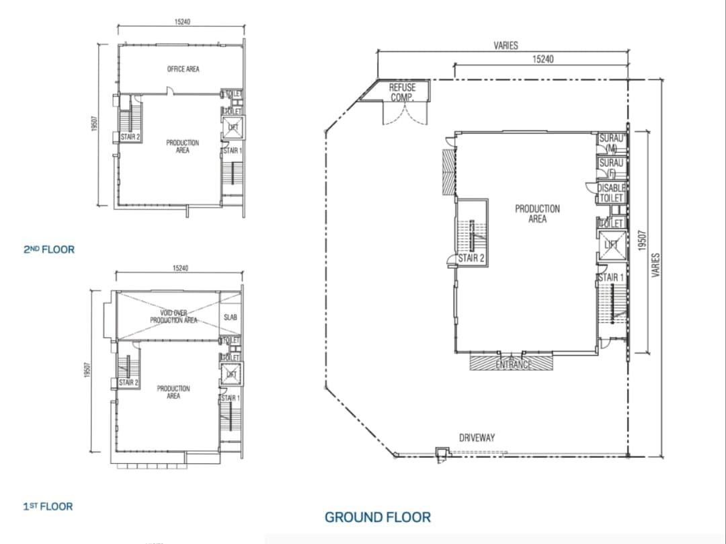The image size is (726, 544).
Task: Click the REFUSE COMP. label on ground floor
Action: [x=402, y=92]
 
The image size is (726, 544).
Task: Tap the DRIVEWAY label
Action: [x=477, y=438]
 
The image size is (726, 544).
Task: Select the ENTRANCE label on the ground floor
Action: [x=513, y=364]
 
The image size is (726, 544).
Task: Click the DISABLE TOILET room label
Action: [x=611, y=193]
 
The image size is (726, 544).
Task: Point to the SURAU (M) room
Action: [x=611, y=143]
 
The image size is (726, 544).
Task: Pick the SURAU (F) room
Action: [x=611, y=167]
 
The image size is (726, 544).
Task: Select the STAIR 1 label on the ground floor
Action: [x=610, y=277]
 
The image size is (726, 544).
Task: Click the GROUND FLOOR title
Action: [x=378, y=517]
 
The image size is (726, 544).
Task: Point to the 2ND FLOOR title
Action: [x=49, y=249]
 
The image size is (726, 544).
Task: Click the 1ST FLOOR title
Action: [x=48, y=506]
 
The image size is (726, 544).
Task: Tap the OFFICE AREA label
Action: [x=183, y=69]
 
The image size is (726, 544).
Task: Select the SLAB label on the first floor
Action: [x=229, y=317]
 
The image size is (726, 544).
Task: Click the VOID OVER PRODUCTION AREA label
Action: [x=173, y=317]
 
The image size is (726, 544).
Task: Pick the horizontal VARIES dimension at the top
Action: [x=506, y=46]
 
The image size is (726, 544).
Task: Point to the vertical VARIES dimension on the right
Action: [x=656, y=264]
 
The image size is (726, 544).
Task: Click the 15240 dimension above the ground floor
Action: [x=542, y=59]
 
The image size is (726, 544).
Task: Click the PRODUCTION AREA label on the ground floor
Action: [x=536, y=214]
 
